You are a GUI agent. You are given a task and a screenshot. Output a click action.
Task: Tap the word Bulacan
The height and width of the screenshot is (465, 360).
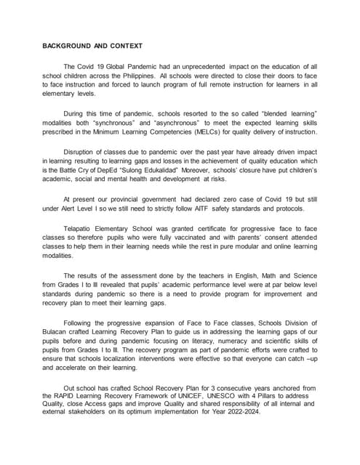56,332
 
